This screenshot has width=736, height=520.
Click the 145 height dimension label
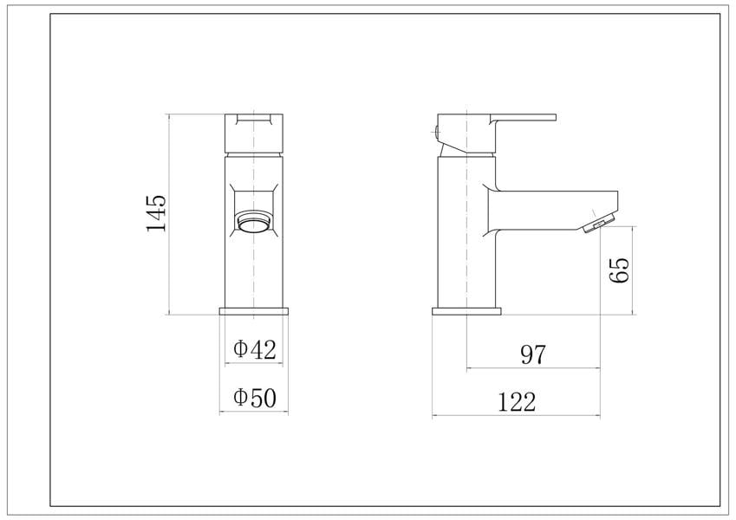pyautogui.click(x=156, y=213)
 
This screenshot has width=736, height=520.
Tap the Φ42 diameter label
pyautogui.click(x=254, y=349)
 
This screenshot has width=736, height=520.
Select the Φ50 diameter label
pyautogui.click(x=255, y=398)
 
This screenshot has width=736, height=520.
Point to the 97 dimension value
pyautogui.click(x=534, y=354)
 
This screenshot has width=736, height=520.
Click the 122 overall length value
pyautogui.click(x=517, y=402)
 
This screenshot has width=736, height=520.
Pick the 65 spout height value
pyautogui.click(x=619, y=270)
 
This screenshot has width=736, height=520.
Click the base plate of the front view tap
pyautogui.click(x=254, y=311)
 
